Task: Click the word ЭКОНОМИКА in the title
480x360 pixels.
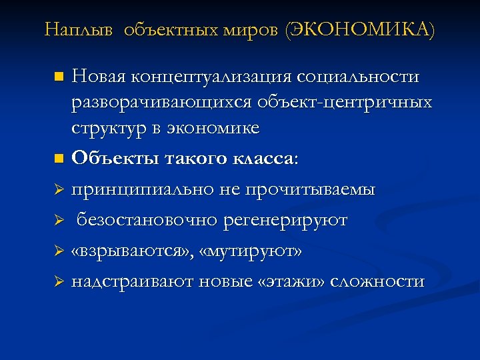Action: [x=360, y=30]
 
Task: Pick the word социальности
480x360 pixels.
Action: [x=365, y=77]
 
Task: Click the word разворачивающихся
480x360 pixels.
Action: [x=158, y=103]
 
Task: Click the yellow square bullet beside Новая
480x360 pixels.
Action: [x=59, y=77]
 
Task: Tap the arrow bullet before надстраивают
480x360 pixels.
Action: [x=58, y=282]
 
